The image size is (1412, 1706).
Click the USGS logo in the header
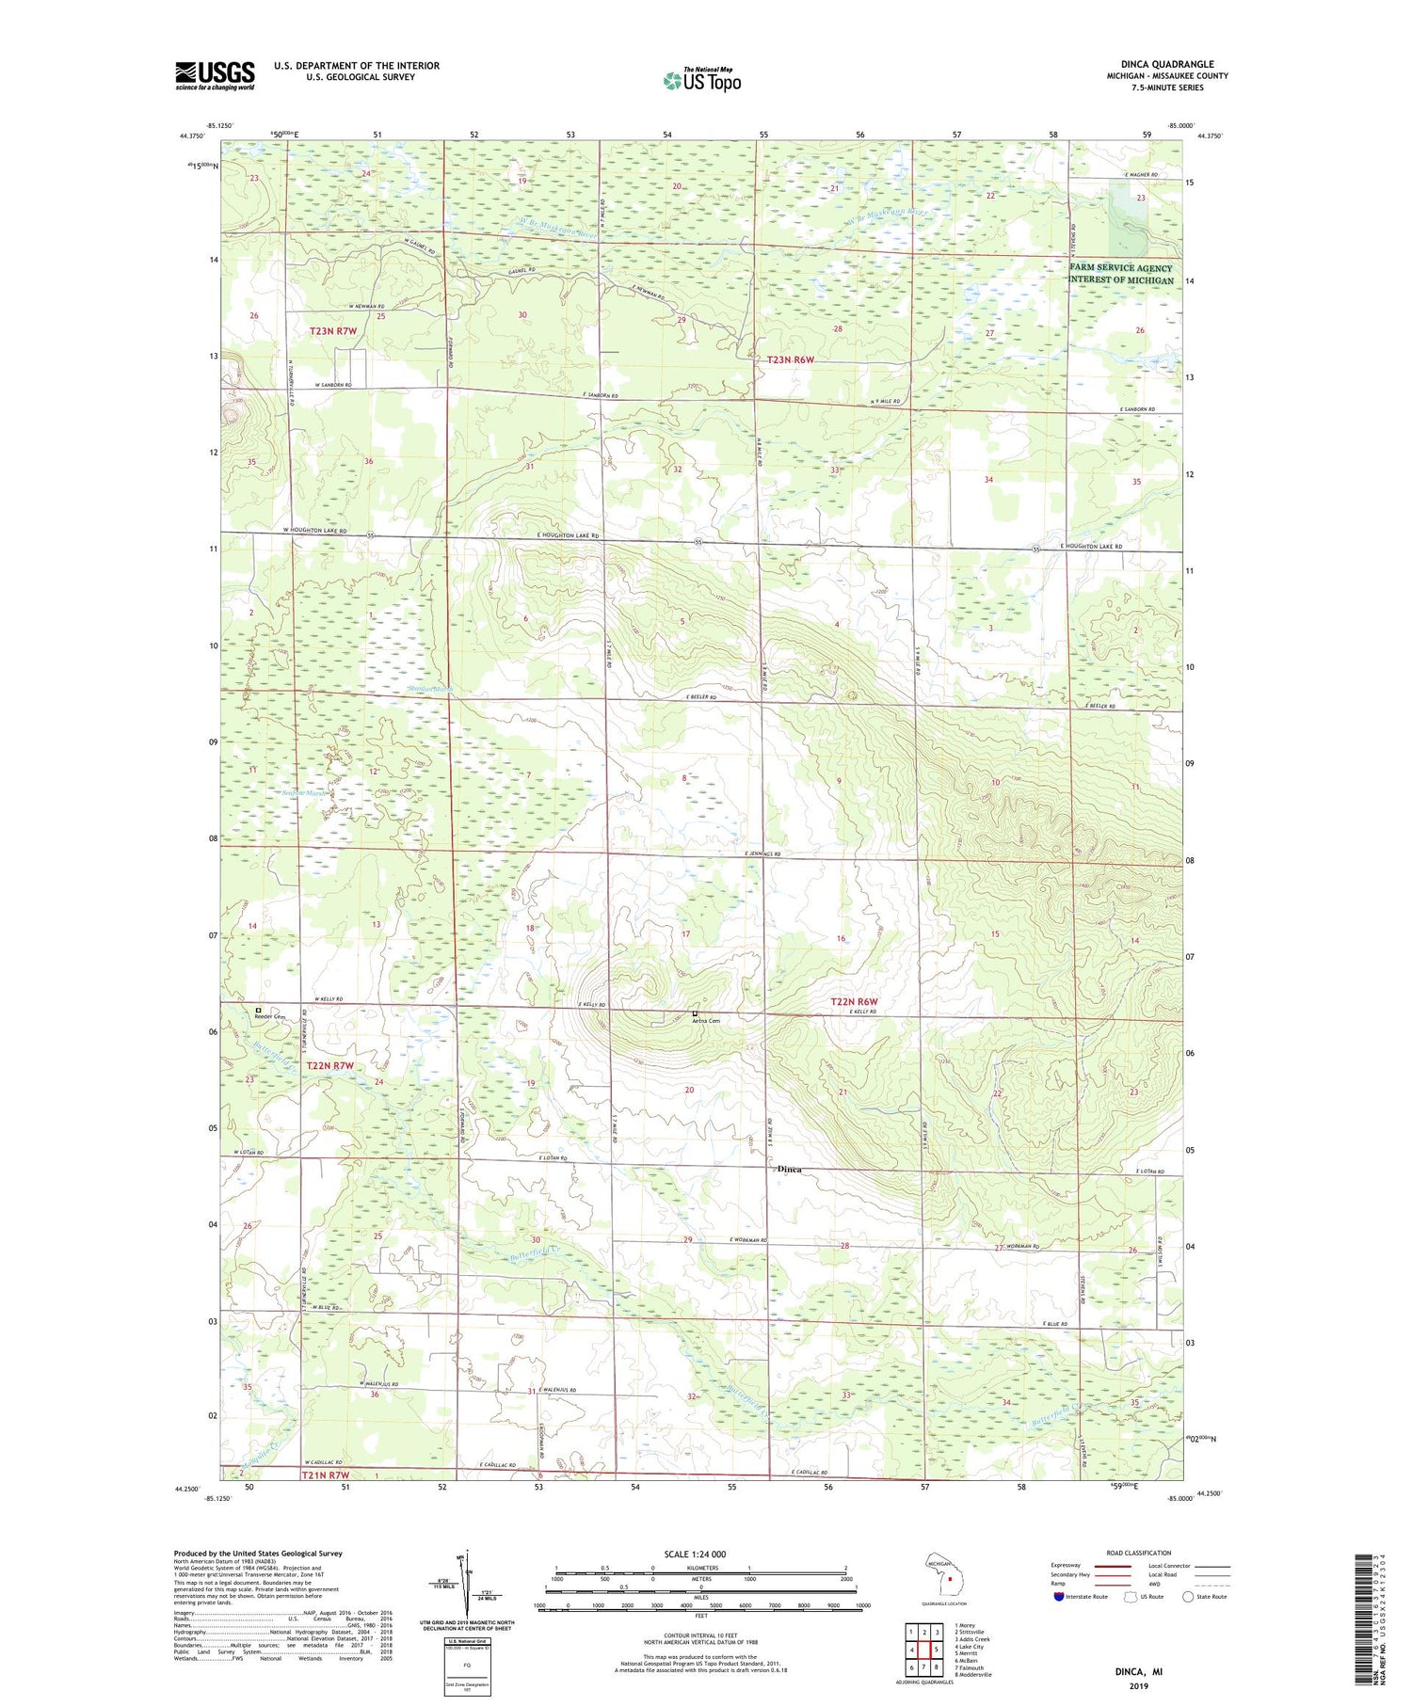click(x=215, y=75)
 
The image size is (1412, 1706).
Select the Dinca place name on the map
click(x=789, y=1169)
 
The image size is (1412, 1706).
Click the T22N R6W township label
click(x=854, y=1001)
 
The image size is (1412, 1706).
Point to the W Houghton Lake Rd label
click(x=315, y=531)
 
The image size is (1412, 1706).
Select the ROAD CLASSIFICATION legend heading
click(x=1139, y=1553)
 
